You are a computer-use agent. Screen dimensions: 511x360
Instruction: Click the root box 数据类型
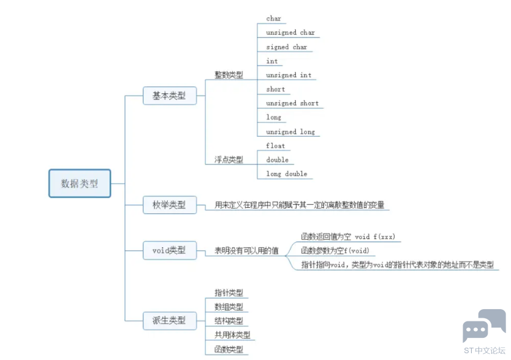pos(80,183)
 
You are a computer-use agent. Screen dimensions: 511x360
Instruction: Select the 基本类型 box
pos(170,96)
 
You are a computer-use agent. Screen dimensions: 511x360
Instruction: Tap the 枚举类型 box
pos(170,205)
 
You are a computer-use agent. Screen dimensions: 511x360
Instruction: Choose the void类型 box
pos(170,250)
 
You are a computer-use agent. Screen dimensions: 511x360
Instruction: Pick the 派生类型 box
pos(170,321)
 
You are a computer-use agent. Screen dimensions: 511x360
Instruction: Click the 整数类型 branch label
pos(229,75)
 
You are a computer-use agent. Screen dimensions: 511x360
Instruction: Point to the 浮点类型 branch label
pos(229,159)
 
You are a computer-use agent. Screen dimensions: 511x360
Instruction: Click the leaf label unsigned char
pos(290,33)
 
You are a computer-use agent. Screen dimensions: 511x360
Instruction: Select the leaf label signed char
pos(287,47)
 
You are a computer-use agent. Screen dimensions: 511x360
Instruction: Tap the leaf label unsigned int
pos(289,75)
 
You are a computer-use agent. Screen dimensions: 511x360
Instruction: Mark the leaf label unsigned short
pos(292,103)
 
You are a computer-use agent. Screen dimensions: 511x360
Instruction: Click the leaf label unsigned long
pos(290,132)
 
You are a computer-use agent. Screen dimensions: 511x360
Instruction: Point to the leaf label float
pos(275,146)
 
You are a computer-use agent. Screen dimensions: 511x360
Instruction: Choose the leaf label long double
pos(287,174)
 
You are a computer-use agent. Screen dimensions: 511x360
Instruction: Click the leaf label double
pos(278,160)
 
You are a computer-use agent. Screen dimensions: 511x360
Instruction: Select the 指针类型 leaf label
pos(229,293)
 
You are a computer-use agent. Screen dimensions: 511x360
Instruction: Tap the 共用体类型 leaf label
pos(232,335)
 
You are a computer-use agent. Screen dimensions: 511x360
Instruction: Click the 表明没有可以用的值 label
pos(246,250)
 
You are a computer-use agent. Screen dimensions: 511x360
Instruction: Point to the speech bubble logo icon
pos(484,325)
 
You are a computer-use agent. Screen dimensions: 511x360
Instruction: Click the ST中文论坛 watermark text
pos(485,351)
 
